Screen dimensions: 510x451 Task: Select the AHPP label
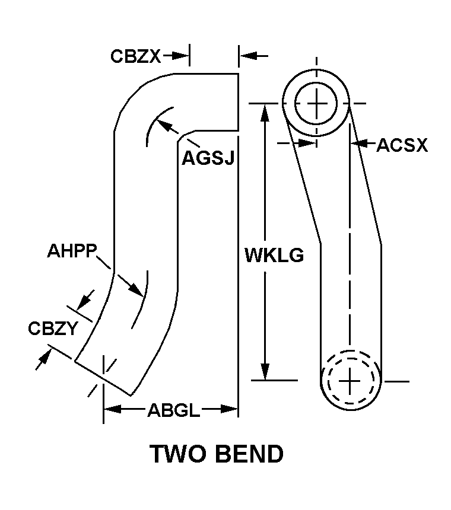(x=72, y=251)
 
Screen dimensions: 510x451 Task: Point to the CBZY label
(x=53, y=328)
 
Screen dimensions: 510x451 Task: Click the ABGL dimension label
(x=173, y=410)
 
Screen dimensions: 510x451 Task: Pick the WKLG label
(x=274, y=256)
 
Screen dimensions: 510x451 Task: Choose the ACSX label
(x=402, y=145)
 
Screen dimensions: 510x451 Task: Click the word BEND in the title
(x=249, y=454)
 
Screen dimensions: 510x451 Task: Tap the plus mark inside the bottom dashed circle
(x=350, y=380)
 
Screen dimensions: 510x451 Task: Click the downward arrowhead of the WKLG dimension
(x=265, y=371)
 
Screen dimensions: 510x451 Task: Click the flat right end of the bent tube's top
(x=239, y=101)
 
